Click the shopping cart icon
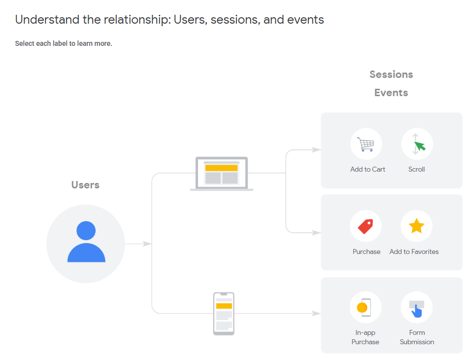pos(366,144)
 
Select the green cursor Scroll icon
pos(417,144)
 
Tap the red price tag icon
pos(366,226)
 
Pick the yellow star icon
pos(417,226)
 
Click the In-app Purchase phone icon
pos(365,307)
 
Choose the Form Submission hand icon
pos(417,308)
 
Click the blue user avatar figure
pos(86,242)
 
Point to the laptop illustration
pos(222,174)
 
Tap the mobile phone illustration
pos(224,314)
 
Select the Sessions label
pos(391,74)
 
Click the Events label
pos(391,93)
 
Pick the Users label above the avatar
pos(85,185)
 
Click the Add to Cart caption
pos(368,169)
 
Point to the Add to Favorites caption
pos(414,252)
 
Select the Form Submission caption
pos(417,337)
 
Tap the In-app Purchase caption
pos(366,337)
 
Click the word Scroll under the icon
pos(417,169)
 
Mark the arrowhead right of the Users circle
pos(146,244)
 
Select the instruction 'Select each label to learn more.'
pos(64,43)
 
